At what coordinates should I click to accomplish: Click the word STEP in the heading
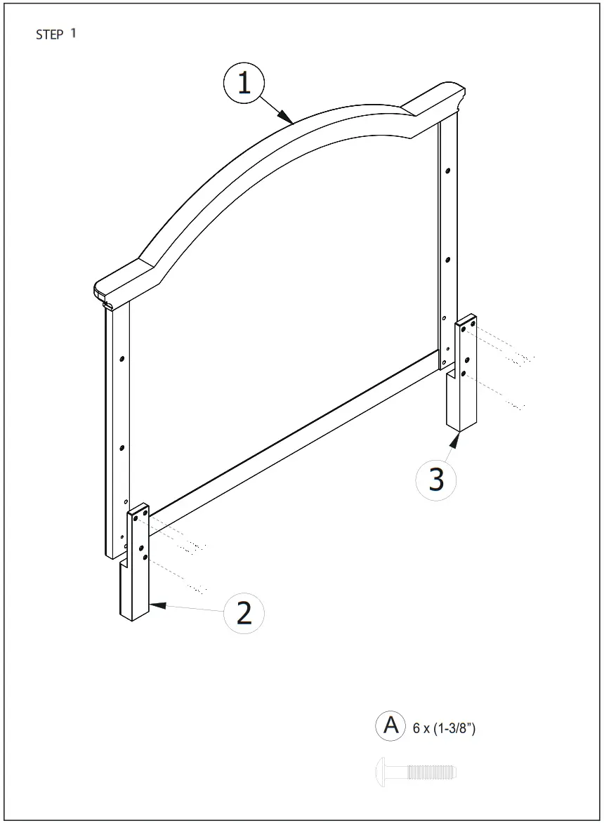point(50,35)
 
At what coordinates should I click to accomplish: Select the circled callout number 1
point(244,84)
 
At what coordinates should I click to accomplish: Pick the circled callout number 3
point(436,480)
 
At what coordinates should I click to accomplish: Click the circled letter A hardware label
point(390,725)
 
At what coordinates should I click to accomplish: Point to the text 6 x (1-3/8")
point(444,729)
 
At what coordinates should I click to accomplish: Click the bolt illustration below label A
point(417,772)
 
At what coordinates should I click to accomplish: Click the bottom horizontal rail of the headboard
point(295,435)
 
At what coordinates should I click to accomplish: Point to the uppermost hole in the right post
point(447,170)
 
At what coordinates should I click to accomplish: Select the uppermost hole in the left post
point(122,358)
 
